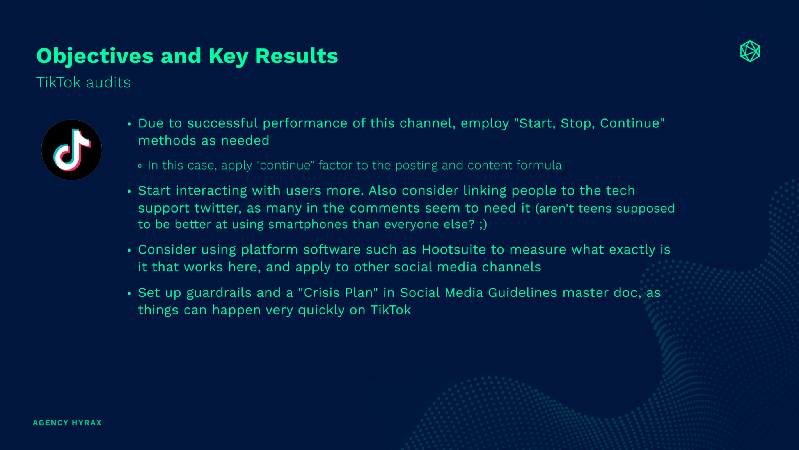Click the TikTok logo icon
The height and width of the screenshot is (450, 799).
tap(71, 150)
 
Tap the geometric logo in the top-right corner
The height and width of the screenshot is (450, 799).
tap(750, 51)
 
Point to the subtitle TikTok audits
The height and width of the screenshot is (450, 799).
tap(83, 82)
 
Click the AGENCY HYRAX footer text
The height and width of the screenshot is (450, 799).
tap(67, 423)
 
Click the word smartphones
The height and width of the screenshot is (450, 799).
tap(308, 225)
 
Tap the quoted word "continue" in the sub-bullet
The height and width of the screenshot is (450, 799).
tap(285, 165)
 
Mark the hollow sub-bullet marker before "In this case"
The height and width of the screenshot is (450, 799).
tap(140, 166)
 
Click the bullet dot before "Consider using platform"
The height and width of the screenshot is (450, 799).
tap(129, 250)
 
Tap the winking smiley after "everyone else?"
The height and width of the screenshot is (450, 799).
tap(483, 225)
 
